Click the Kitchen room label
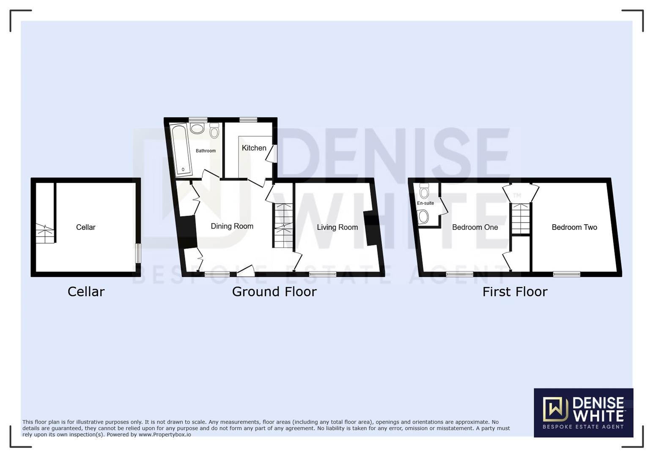click(254, 148)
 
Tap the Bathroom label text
click(206, 151)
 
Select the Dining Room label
click(232, 226)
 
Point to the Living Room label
click(337, 227)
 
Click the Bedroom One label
click(475, 227)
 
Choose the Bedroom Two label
click(574, 227)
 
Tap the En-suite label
click(425, 203)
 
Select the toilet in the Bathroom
click(214, 131)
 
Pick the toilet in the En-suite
click(424, 191)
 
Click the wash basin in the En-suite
click(423, 217)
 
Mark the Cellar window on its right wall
click(137, 253)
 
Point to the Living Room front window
click(323, 274)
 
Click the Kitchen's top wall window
click(248, 120)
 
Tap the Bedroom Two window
click(566, 274)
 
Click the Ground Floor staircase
click(283, 226)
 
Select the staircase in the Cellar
click(45, 233)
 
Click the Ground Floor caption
click(274, 292)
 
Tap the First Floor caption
click(515, 292)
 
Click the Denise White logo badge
click(583, 413)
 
